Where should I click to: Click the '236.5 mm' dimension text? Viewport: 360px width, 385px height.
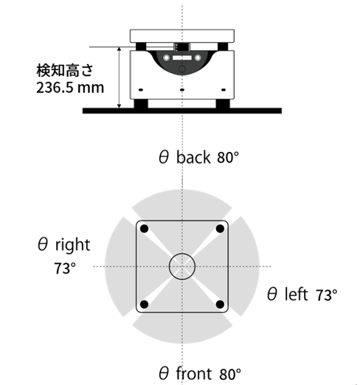pos(70,88)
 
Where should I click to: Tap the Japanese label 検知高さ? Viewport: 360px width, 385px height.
pos(65,71)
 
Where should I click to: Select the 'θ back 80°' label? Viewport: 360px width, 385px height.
pos(198,157)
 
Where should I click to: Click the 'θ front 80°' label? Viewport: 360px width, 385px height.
pos(200,373)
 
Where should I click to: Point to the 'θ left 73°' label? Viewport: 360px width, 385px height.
pos(302,294)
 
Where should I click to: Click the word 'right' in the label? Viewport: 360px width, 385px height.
pos(73,245)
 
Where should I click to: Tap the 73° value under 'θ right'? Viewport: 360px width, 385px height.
pos(65,268)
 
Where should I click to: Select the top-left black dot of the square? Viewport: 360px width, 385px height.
pos(145,229)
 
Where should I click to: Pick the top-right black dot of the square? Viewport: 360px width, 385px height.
pos(220,229)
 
